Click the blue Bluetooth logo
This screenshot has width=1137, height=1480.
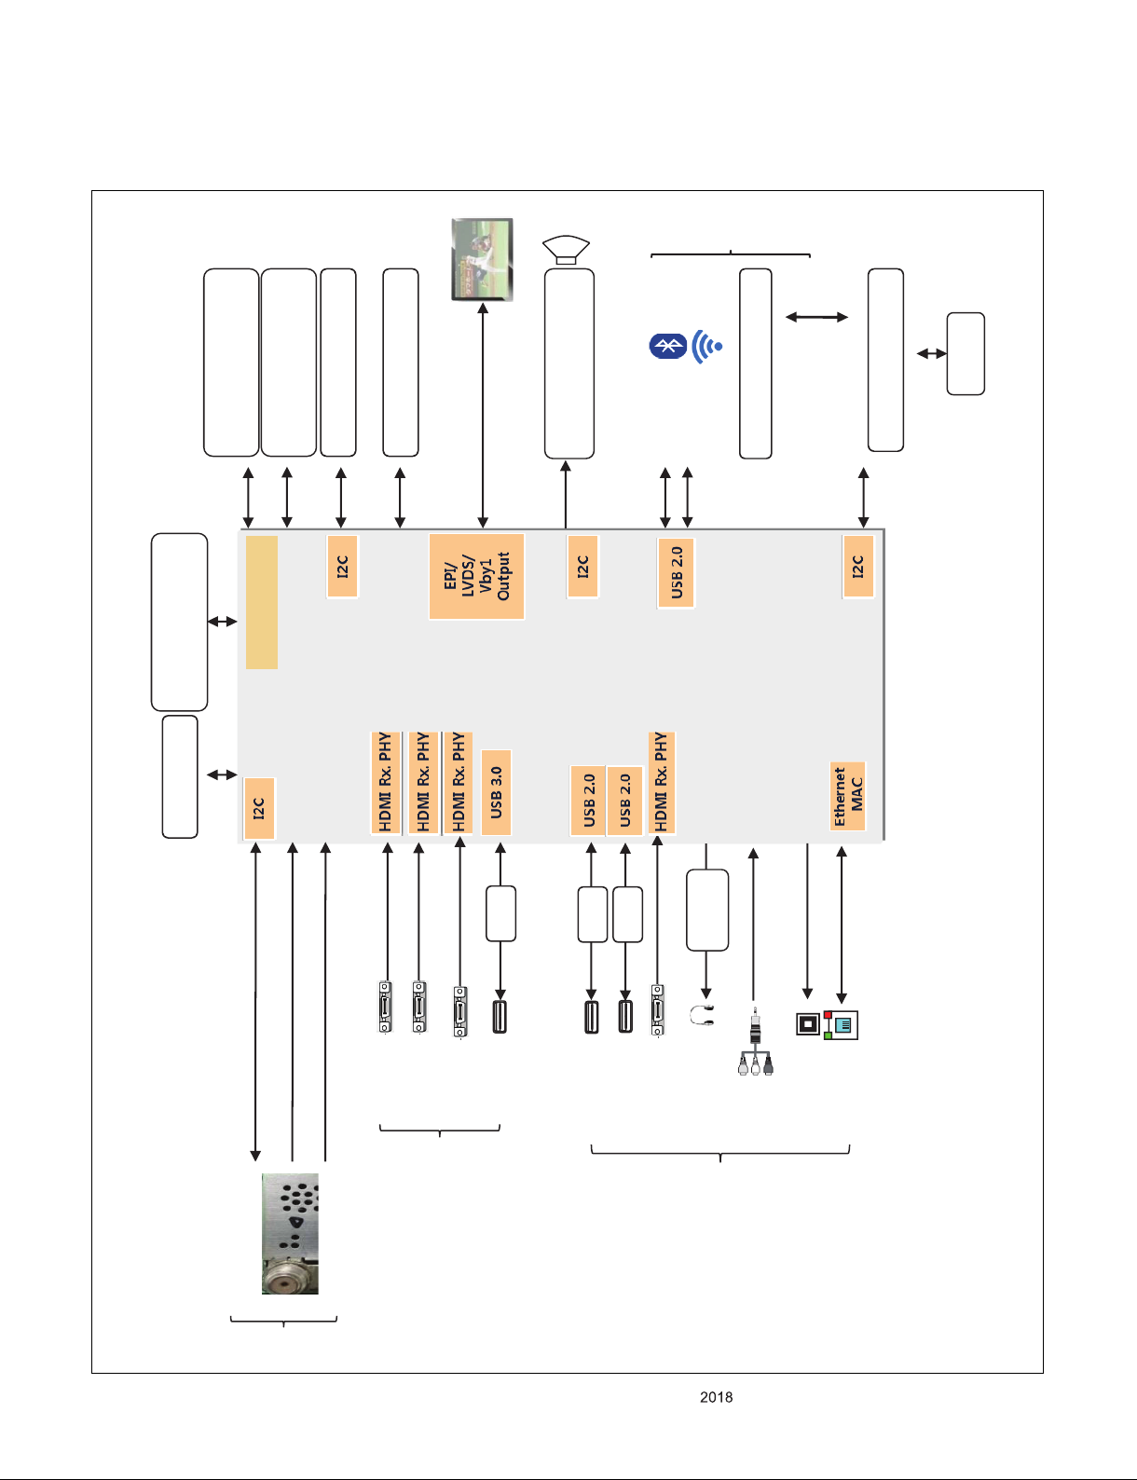(x=667, y=346)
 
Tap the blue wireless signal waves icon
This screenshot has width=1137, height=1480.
(x=706, y=347)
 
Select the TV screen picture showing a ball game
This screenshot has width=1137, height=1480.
(x=482, y=259)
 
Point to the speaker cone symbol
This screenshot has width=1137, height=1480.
(x=566, y=249)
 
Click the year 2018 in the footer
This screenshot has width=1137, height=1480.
(x=717, y=1397)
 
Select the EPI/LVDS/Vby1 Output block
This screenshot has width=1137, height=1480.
(x=476, y=576)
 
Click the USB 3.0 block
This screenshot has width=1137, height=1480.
(x=497, y=792)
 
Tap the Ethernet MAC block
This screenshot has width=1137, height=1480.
(x=848, y=796)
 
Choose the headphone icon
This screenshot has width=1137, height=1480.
(x=701, y=1016)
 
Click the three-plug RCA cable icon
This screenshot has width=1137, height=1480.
(x=755, y=1043)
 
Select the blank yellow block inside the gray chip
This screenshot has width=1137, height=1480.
(x=262, y=602)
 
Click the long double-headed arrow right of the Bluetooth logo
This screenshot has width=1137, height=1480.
(x=816, y=317)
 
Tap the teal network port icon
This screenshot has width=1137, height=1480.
(x=842, y=1025)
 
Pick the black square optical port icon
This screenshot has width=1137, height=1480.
(x=808, y=1023)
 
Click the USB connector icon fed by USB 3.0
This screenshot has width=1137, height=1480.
(x=500, y=1016)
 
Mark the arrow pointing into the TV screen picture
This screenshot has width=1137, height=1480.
(x=483, y=416)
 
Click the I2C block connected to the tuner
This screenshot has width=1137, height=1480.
(x=259, y=808)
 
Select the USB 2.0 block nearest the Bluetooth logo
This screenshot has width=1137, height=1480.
(x=676, y=573)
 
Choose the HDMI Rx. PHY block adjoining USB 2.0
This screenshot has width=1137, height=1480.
(x=661, y=783)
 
